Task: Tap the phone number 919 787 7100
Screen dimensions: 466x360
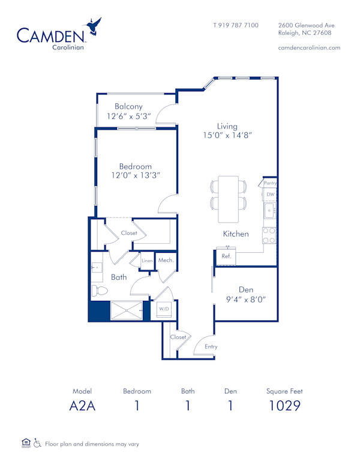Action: click(x=236, y=25)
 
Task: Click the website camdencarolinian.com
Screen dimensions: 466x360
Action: click(x=310, y=47)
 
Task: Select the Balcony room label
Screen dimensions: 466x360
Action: click(x=129, y=106)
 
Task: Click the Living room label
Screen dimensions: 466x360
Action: click(x=227, y=126)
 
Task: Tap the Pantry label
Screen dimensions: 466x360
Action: click(x=269, y=183)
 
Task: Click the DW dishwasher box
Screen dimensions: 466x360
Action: click(x=270, y=195)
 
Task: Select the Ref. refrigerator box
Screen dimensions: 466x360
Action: click(x=227, y=256)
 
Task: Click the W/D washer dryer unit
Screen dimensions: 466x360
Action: click(x=163, y=309)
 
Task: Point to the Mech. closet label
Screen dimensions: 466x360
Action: click(x=166, y=260)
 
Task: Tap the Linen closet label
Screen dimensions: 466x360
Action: click(x=148, y=261)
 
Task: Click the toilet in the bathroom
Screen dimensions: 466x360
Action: click(x=99, y=291)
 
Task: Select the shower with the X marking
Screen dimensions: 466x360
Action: click(x=123, y=310)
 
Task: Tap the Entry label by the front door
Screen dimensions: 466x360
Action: click(x=211, y=346)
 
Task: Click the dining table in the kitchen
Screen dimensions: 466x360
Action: click(x=229, y=197)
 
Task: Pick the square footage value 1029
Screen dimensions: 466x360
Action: click(x=284, y=406)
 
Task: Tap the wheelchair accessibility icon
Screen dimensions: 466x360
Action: click(x=37, y=444)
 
